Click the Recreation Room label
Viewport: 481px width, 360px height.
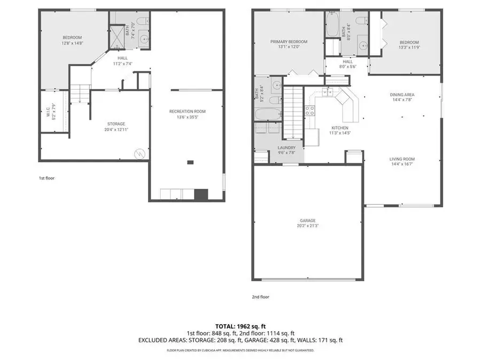pyautogui.click(x=187, y=111)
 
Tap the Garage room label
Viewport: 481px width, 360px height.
pyautogui.click(x=307, y=221)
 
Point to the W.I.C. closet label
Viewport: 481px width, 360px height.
pyautogui.click(x=48, y=112)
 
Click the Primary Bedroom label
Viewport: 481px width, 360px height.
pyautogui.click(x=289, y=42)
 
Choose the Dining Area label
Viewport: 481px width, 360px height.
pyautogui.click(x=402, y=95)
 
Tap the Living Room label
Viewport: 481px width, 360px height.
pyautogui.click(x=402, y=159)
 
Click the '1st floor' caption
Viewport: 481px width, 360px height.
pyautogui.click(x=46, y=178)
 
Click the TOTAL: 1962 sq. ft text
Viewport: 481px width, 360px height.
pyautogui.click(x=240, y=325)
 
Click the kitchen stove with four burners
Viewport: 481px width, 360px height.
pyautogui.click(x=309, y=111)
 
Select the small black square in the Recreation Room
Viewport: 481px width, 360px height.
pyautogui.click(x=190, y=162)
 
